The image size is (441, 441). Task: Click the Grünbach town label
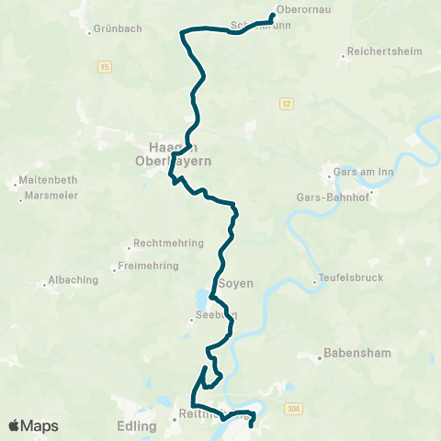tap(119, 28)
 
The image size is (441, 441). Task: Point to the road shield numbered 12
tap(288, 104)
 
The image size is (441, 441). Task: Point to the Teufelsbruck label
tap(350, 277)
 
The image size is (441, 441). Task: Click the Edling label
tap(137, 424)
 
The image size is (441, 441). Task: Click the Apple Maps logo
tap(33, 425)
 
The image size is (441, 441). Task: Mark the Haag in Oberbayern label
tap(181, 153)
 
